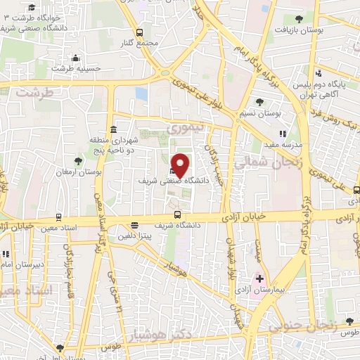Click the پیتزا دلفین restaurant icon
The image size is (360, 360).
pos(134,226)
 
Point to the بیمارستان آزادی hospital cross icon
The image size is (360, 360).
pos(259,278)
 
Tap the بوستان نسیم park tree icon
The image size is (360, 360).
pos(259,103)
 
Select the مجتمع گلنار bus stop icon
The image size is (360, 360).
pos(139,32)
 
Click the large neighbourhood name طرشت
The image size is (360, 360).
pos(35,93)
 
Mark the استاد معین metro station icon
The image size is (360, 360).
pos(58,217)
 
